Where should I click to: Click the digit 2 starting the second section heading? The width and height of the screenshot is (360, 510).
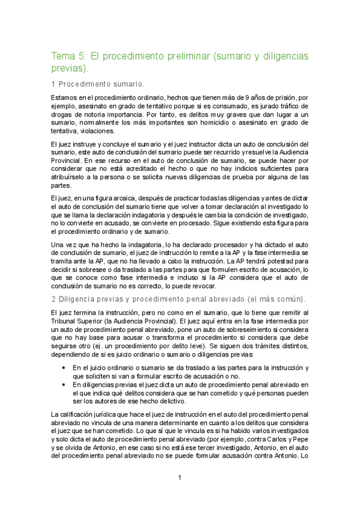[x=53, y=300]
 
